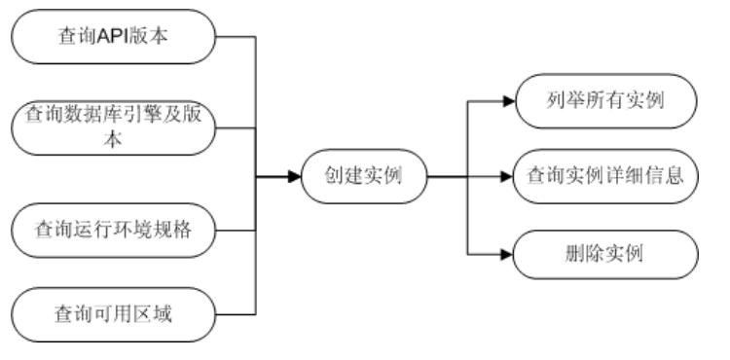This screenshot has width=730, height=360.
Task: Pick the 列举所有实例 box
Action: (605, 99)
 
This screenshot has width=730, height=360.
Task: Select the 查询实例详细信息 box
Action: (605, 177)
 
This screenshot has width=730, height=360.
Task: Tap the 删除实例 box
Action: (605, 255)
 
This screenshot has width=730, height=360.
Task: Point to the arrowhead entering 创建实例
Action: (294, 177)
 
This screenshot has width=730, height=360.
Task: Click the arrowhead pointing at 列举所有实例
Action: (507, 99)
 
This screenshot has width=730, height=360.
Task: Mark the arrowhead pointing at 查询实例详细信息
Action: (507, 177)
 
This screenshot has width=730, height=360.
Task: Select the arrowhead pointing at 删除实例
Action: (507, 255)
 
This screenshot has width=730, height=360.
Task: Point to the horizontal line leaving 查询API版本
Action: (235, 38)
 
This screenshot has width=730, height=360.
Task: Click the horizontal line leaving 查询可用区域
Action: (235, 313)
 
